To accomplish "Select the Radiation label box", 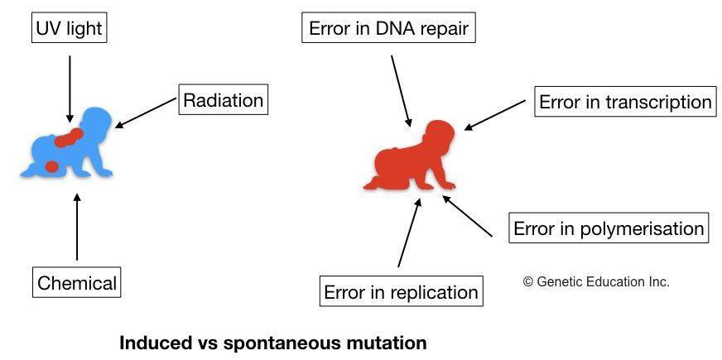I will pos(223,101).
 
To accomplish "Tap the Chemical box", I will pos(77,283).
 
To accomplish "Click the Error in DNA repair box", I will pos(388,30).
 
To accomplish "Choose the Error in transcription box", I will pos(624,102).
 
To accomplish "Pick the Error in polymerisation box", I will pos(609,228).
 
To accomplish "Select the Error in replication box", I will pos(401,292).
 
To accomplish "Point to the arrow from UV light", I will pos(70,87).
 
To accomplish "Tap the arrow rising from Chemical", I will pos(77,228).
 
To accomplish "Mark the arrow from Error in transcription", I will pos(494,114).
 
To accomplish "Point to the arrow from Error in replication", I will pos(410,232).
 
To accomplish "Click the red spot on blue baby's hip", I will pos(51,166).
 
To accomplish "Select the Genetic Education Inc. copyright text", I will pos(596,281).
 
